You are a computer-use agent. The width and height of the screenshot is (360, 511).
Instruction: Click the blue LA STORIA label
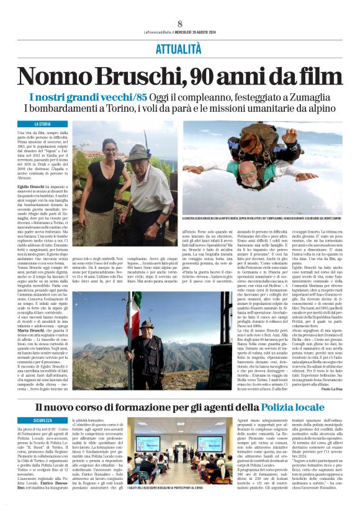43,124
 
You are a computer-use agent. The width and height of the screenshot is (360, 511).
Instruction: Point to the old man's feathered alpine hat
140,151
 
